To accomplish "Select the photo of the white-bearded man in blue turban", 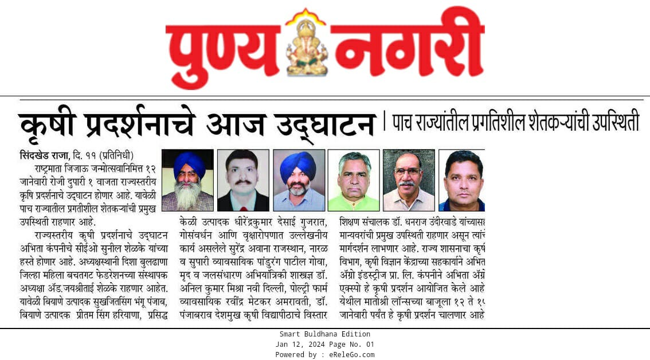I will pyautogui.click(x=187, y=180).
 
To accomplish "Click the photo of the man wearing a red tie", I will pyautogui.click(x=243, y=180).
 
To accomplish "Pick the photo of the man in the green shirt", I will pyautogui.click(x=353, y=180).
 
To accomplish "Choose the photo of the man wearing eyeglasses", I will pyautogui.click(x=409, y=180).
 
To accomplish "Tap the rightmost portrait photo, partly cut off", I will pyautogui.click(x=462, y=180).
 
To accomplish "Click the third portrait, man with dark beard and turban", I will pyautogui.click(x=299, y=180).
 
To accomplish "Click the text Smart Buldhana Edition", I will pyautogui.click(x=325, y=334).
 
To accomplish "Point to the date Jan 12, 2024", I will pyautogui.click(x=300, y=345).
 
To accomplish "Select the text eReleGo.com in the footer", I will pyautogui.click(x=353, y=355).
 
